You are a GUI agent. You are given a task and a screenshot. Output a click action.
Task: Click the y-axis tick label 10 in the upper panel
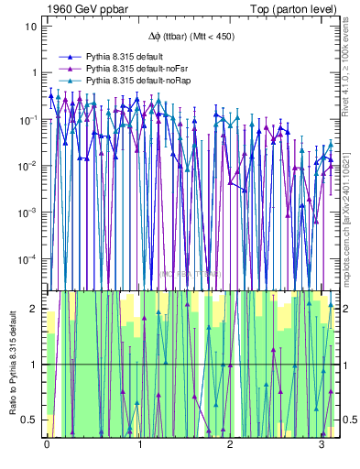31,26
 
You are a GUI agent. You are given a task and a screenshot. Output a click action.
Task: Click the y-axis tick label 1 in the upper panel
34,72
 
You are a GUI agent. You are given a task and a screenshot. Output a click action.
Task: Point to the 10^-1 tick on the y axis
29,119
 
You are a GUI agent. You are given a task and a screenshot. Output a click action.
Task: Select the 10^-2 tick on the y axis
29,166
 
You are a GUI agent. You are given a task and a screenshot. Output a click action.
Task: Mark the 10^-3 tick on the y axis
29,213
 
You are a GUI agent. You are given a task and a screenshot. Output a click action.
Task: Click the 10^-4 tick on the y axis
29,259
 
